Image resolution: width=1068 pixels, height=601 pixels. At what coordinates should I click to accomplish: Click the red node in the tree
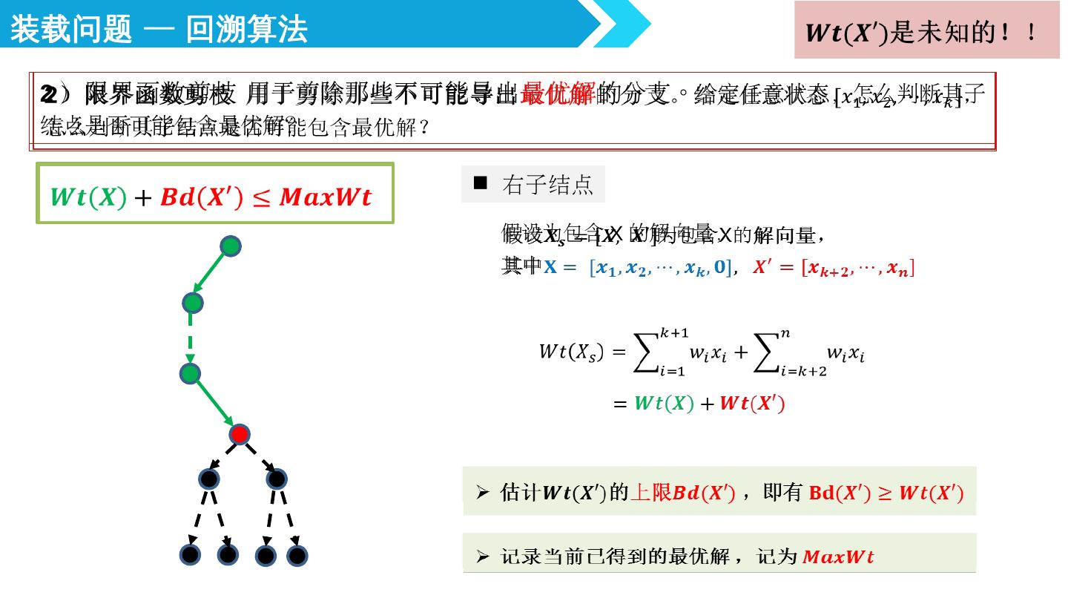click(239, 434)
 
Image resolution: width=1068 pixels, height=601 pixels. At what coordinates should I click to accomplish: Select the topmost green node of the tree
click(231, 246)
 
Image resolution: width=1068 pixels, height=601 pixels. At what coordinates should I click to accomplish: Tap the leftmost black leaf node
click(191, 554)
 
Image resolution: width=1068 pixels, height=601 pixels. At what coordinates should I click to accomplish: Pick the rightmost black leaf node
click(297, 555)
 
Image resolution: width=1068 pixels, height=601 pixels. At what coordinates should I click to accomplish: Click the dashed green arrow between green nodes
click(191, 337)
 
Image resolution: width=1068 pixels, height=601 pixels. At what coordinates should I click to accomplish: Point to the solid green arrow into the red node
click(214, 404)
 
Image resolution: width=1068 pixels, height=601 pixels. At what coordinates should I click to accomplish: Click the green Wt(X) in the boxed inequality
click(88, 197)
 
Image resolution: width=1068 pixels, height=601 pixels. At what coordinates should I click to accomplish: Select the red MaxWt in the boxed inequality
click(325, 197)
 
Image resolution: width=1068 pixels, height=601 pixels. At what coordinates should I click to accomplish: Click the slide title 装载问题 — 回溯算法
click(159, 30)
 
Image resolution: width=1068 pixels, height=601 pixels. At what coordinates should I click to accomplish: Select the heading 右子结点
click(547, 184)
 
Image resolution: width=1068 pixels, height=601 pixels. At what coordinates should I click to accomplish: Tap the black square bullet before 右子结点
click(481, 183)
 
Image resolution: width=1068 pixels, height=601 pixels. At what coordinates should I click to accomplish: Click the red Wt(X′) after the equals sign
click(752, 404)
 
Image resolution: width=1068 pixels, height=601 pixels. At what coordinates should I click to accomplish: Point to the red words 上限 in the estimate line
click(650, 492)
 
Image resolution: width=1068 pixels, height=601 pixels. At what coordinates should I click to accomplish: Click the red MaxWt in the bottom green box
click(838, 556)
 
